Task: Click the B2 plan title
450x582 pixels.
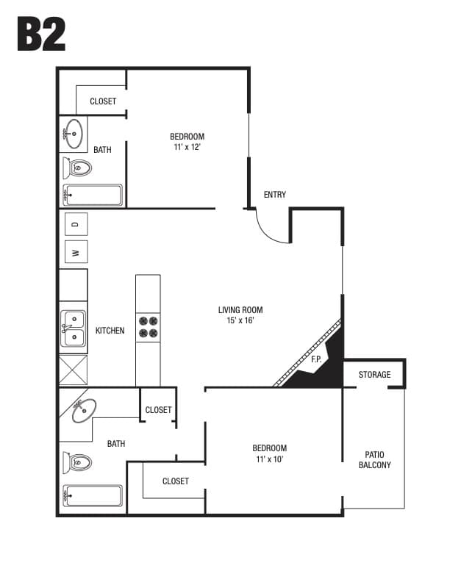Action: tap(41, 34)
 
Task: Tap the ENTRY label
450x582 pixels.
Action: tap(274, 195)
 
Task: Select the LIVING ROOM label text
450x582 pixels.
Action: tap(240, 310)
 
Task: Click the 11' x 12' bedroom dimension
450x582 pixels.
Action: tap(187, 147)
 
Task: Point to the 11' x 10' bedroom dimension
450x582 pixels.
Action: tap(268, 459)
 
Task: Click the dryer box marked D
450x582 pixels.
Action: tap(76, 223)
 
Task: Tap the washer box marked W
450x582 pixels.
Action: tap(76, 253)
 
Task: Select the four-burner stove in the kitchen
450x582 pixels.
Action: tap(149, 326)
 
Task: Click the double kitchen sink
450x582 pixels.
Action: tap(73, 328)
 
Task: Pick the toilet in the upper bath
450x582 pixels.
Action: tap(77, 169)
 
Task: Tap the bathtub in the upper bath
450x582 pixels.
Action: tap(93, 195)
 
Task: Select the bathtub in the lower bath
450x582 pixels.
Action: tap(93, 497)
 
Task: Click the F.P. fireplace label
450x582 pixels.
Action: tap(316, 359)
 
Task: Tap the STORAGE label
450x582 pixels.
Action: tap(374, 375)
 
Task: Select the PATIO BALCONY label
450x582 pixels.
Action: tap(374, 460)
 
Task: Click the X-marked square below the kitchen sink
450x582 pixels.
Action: tap(73, 370)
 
